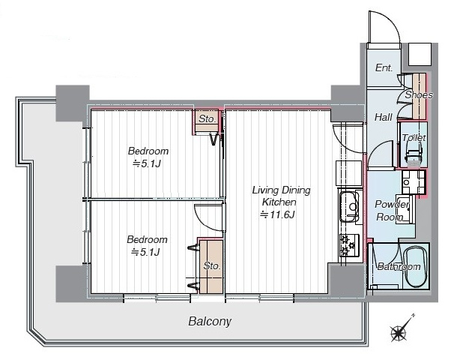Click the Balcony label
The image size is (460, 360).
coord(210,321)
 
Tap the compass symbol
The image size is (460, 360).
coord(400,331)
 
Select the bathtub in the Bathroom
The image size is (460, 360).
coord(415,267)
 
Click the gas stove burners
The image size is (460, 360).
coord(349,244)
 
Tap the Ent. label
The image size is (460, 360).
coord(384,67)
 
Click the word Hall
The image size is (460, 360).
coord(383,118)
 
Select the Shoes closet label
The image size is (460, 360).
coord(419,94)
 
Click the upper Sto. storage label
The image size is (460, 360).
coord(207,119)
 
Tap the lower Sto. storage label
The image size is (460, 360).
coord(212,266)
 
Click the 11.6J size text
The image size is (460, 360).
coord(277,215)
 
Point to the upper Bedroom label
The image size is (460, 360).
coord(148,151)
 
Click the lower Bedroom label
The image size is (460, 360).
coord(148,239)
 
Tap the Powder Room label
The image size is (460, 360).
coord(391,211)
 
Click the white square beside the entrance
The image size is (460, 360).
coord(420,54)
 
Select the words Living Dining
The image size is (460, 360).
coord(281,190)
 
